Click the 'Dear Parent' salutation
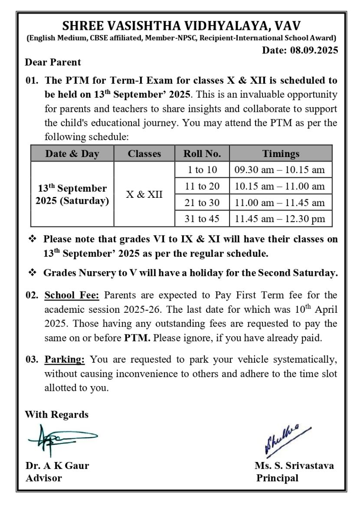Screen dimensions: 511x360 (x=53, y=62)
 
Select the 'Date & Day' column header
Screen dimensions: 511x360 (x=72, y=154)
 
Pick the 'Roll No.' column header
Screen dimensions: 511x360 (x=202, y=154)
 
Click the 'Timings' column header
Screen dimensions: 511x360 (x=280, y=154)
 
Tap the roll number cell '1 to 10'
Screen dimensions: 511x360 (x=202, y=170)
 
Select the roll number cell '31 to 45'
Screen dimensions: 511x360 (x=202, y=219)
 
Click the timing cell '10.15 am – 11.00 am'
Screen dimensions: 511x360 (x=280, y=187)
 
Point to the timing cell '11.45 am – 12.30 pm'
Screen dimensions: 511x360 (x=280, y=219)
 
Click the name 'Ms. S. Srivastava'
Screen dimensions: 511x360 (x=294, y=466)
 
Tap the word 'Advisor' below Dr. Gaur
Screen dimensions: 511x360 (x=43, y=478)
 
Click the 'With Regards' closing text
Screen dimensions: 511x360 (x=57, y=415)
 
